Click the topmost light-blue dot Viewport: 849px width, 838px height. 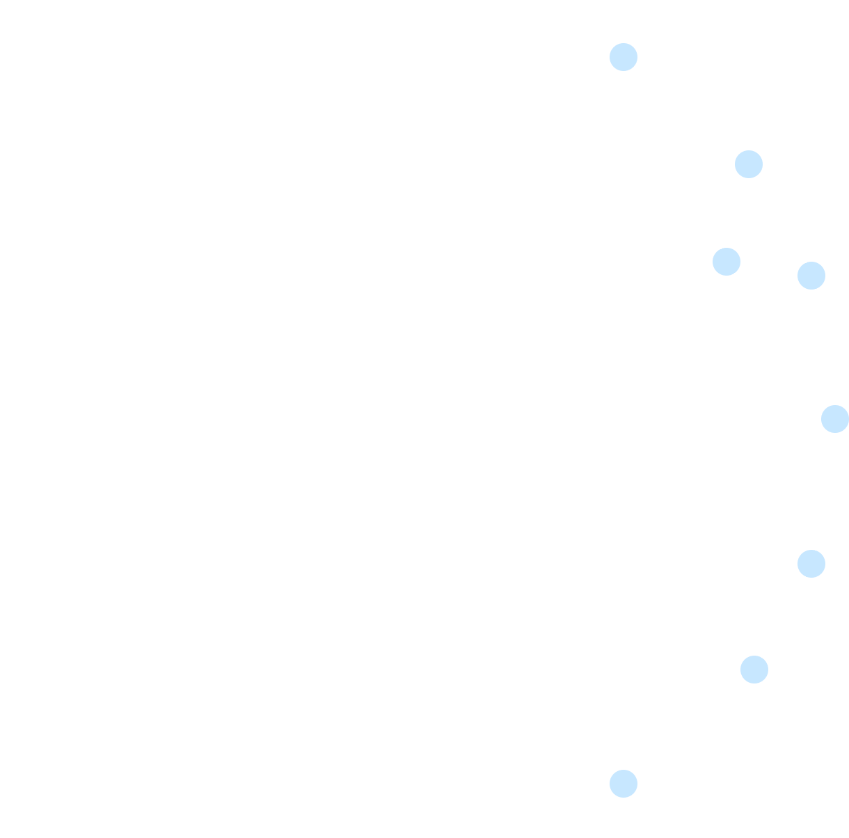624,57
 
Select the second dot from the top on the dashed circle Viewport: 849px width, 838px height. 749,164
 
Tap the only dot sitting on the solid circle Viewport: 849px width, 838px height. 727,262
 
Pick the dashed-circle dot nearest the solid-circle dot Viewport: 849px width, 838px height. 811,276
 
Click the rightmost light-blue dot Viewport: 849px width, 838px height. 835,419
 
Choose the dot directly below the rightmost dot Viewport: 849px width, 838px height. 811,564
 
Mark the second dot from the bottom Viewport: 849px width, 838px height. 754,670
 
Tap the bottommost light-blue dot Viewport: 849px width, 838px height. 624,784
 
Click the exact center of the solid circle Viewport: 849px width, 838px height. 419,419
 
